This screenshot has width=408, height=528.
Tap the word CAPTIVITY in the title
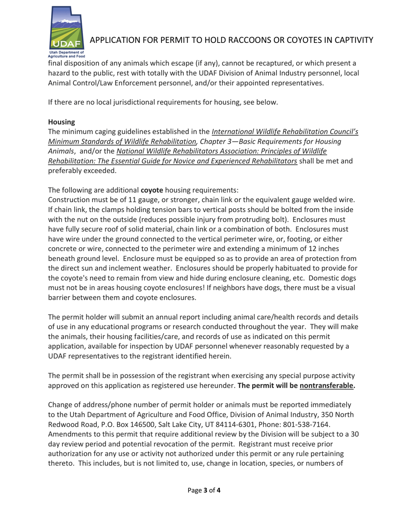tap(347, 40)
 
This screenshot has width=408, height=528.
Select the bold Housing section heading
tap(62, 122)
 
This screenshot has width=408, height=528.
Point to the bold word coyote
tap(152, 190)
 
